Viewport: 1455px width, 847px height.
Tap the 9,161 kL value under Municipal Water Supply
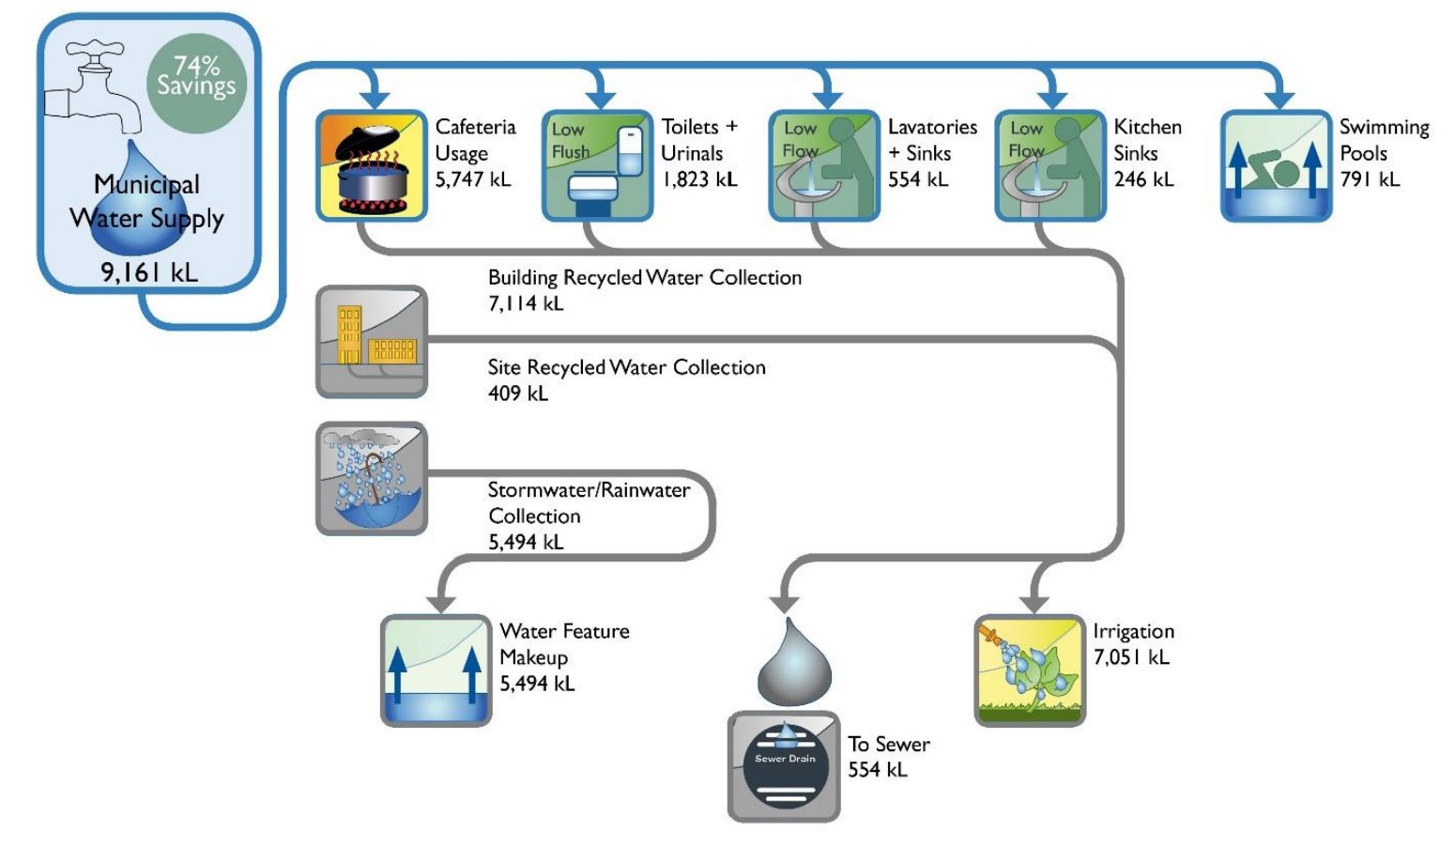[x=149, y=272]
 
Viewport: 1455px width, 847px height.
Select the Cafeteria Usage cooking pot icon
[x=372, y=166]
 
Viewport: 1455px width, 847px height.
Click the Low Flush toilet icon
[x=597, y=166]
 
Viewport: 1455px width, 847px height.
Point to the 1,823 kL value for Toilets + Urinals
[x=699, y=179]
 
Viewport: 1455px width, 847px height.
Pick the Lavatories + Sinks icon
[x=823, y=166]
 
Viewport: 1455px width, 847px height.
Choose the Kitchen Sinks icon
[x=1049, y=166]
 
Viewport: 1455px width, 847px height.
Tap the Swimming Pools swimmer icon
[x=1276, y=166]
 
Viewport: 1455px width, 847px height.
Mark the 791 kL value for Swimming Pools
[x=1370, y=179]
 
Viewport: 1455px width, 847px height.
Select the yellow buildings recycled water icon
[x=372, y=342]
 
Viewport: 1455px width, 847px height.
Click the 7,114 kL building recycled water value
[x=526, y=303]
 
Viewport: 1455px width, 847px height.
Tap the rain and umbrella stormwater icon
[x=372, y=479]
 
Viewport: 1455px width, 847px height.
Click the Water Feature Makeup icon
[x=436, y=670]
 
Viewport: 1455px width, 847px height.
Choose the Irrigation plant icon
[x=1030, y=670]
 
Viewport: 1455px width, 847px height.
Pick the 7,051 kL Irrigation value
[x=1131, y=657]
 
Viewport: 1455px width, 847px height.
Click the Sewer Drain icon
[x=784, y=766]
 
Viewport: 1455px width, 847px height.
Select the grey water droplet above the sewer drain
[x=794, y=663]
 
